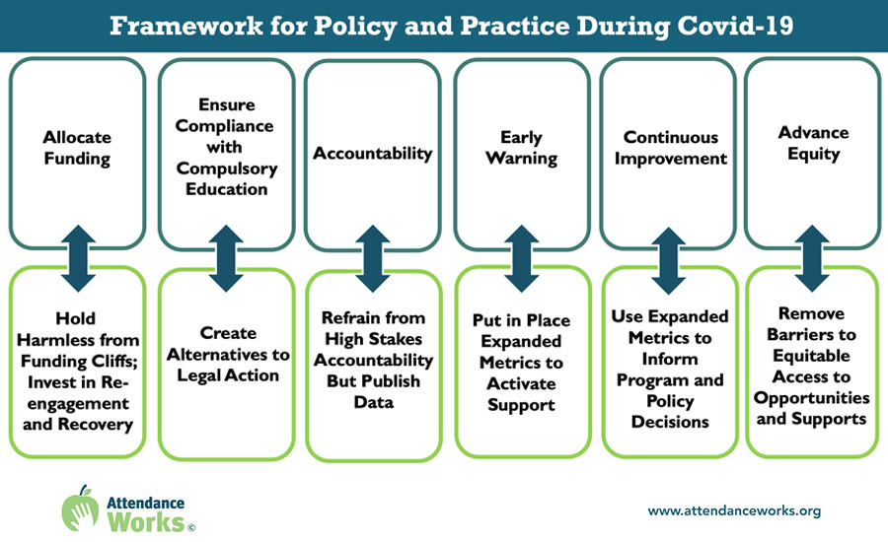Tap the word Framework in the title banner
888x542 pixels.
[186, 26]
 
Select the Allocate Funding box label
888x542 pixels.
[77, 148]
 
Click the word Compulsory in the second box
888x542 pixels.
[227, 169]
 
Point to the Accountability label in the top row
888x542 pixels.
[373, 154]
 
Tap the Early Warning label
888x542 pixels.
[522, 148]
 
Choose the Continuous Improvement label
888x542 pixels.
[671, 148]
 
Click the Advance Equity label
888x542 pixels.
[813, 143]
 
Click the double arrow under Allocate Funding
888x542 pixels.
[78, 258]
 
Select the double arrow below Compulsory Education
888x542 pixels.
[226, 258]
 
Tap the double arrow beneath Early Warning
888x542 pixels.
[522, 258]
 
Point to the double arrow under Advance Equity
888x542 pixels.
[813, 258]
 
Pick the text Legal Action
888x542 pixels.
[228, 375]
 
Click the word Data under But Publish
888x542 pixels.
[374, 402]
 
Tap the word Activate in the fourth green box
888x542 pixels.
[521, 383]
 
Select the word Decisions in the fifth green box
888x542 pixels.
[670, 422]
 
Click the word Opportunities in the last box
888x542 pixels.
[812, 398]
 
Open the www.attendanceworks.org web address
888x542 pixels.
[734, 510]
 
